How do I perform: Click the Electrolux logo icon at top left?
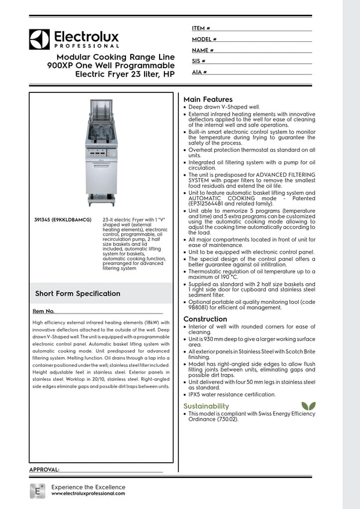39,39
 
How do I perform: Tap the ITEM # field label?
201,28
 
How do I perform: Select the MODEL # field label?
204,39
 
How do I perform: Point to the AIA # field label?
200,72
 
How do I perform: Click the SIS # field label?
199,61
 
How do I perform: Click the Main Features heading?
208,100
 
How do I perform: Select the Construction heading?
205,319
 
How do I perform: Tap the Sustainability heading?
206,406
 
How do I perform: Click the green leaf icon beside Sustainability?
308,406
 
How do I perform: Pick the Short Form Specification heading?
77,294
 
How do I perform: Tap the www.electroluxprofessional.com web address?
88,493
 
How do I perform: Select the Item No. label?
43,312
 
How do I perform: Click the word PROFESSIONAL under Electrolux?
86,46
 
